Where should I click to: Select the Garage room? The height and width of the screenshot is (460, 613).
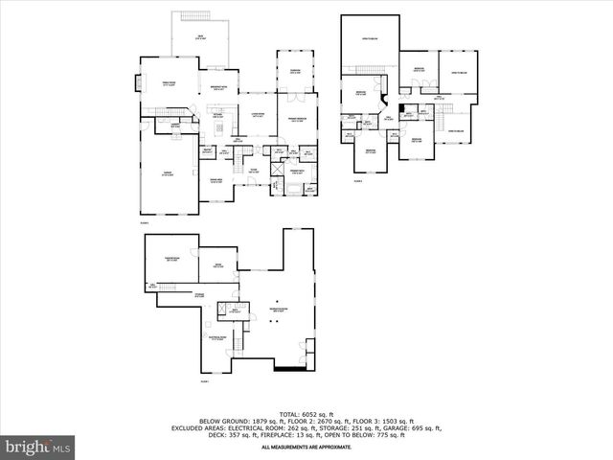tap(168, 175)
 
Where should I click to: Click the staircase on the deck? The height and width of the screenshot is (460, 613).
tap(186, 18)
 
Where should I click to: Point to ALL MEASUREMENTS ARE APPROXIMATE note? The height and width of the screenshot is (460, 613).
tap(306, 446)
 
